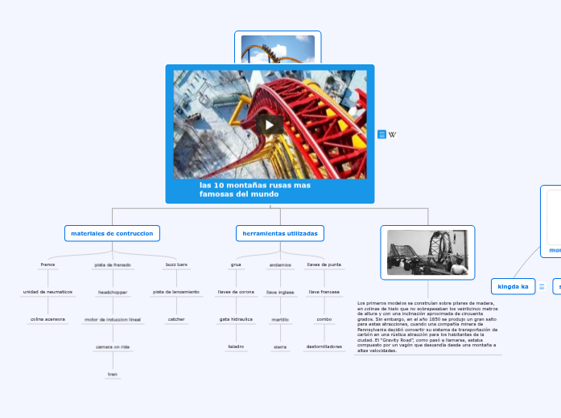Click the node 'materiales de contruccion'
click(x=112, y=233)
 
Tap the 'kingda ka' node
click(x=513, y=286)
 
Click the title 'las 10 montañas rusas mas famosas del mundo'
click(x=255, y=190)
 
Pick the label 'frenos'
click(x=47, y=264)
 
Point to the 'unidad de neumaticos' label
click(x=47, y=292)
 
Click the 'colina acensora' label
click(x=47, y=319)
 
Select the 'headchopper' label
click(x=112, y=292)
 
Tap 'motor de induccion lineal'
click(x=112, y=319)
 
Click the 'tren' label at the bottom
click(x=112, y=374)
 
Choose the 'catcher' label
click(x=176, y=319)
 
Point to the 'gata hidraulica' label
click(x=236, y=319)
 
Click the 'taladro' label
click(x=236, y=346)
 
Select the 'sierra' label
click(x=280, y=346)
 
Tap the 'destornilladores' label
click(x=324, y=346)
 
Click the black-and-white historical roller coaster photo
click(x=427, y=252)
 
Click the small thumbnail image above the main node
click(x=278, y=48)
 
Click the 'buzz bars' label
click(x=176, y=264)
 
